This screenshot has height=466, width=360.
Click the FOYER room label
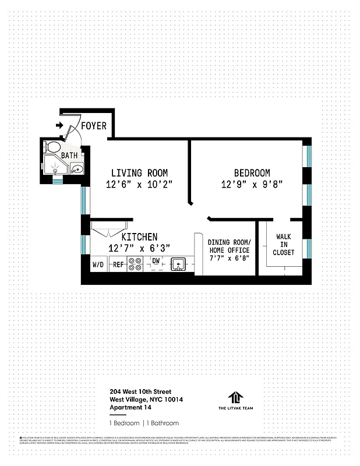tap(93, 126)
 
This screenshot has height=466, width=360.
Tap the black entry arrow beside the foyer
tap(59, 125)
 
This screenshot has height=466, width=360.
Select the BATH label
tap(69, 156)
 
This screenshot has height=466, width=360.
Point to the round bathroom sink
tap(76, 170)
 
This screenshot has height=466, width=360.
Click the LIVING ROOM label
tap(139, 173)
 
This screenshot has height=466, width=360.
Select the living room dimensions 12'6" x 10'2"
tap(139, 184)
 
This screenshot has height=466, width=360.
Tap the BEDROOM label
tap(252, 173)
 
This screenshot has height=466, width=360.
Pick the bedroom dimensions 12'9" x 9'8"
tap(252, 184)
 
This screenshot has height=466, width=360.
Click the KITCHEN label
tap(139, 237)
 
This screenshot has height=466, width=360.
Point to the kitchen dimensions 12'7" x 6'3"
tap(139, 248)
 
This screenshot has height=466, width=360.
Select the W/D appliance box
tap(98, 264)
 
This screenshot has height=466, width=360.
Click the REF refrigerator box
tap(118, 264)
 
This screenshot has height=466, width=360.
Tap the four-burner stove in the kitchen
tap(135, 264)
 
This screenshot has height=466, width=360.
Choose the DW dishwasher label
tap(156, 261)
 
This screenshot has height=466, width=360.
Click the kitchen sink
tap(178, 264)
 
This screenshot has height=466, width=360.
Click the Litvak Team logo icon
tap(235, 397)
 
